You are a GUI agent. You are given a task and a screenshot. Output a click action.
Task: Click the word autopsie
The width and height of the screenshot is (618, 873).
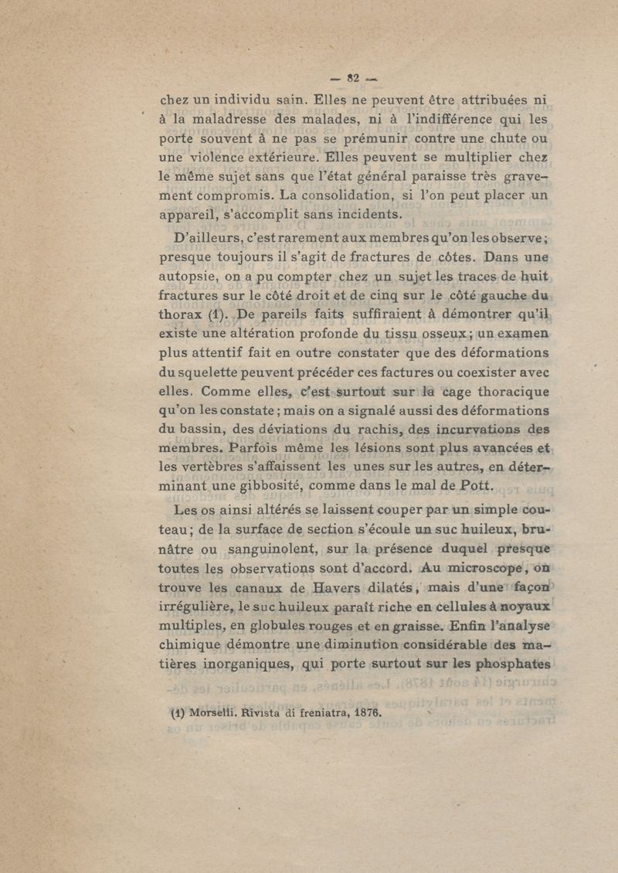(192, 276)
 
